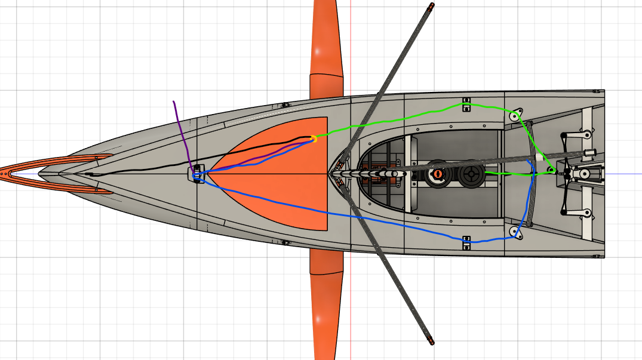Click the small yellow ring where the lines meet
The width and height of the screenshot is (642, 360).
[x=314, y=140]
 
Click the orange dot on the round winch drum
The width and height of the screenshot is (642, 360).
[x=437, y=174]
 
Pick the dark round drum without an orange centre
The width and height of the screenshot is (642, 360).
[x=472, y=174]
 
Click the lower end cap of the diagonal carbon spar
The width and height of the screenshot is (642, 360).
[x=431, y=342]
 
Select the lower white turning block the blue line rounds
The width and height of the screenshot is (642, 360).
[x=514, y=231]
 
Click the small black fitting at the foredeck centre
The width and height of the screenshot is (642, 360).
[x=198, y=173]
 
